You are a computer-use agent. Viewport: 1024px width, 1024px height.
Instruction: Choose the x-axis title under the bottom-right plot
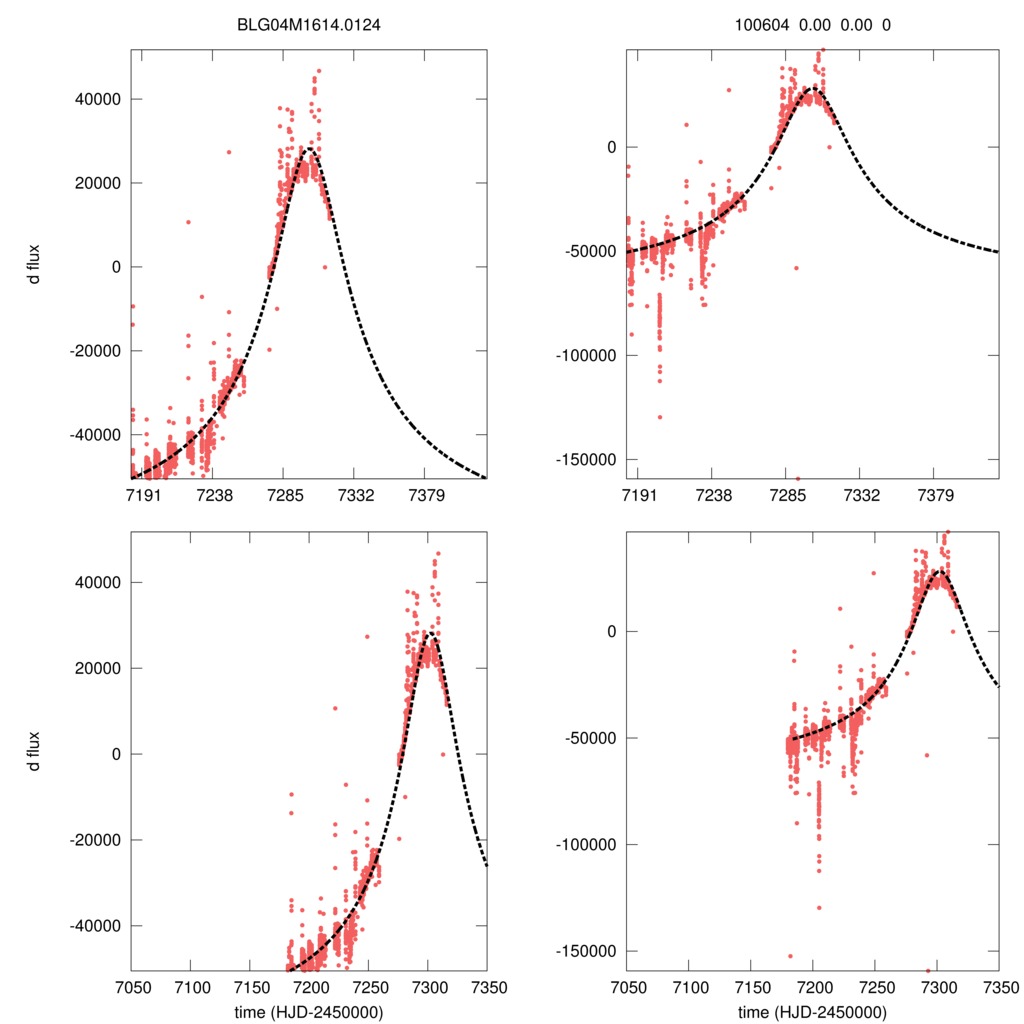811,1012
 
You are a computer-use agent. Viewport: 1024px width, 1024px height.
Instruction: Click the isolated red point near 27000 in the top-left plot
228,152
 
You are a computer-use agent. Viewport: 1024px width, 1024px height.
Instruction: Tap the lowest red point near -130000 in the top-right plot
660,417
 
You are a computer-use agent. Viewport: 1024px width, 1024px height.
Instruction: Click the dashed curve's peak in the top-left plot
309,149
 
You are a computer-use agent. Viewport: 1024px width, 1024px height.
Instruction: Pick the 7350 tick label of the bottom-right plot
998,987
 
